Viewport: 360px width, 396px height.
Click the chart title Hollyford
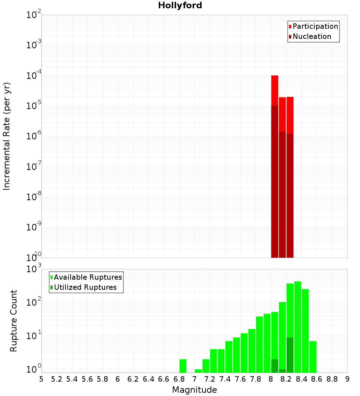click(180, 6)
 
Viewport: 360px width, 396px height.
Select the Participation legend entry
click(315, 26)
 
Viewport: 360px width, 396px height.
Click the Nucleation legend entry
click(311, 36)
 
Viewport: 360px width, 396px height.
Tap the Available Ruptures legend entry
click(87, 277)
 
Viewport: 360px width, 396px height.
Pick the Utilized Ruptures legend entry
click(85, 287)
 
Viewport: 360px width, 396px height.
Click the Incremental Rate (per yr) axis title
click(7, 136)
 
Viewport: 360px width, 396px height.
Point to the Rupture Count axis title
click(14, 321)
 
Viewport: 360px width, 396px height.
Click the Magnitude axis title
click(194, 390)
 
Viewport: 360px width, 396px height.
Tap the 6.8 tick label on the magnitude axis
click(179, 379)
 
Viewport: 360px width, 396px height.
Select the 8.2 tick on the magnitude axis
click(286, 379)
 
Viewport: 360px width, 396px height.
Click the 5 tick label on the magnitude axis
click(41, 379)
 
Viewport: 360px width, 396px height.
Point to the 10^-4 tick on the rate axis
click(34, 76)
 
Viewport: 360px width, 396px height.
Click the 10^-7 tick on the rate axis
click(34, 167)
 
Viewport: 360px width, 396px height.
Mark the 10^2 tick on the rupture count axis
click(34, 302)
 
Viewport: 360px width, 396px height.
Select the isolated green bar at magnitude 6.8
click(183, 366)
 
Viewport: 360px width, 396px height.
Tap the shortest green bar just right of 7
click(198, 371)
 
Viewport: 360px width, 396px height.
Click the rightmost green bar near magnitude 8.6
click(313, 356)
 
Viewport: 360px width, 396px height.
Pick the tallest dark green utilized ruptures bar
click(290, 355)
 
